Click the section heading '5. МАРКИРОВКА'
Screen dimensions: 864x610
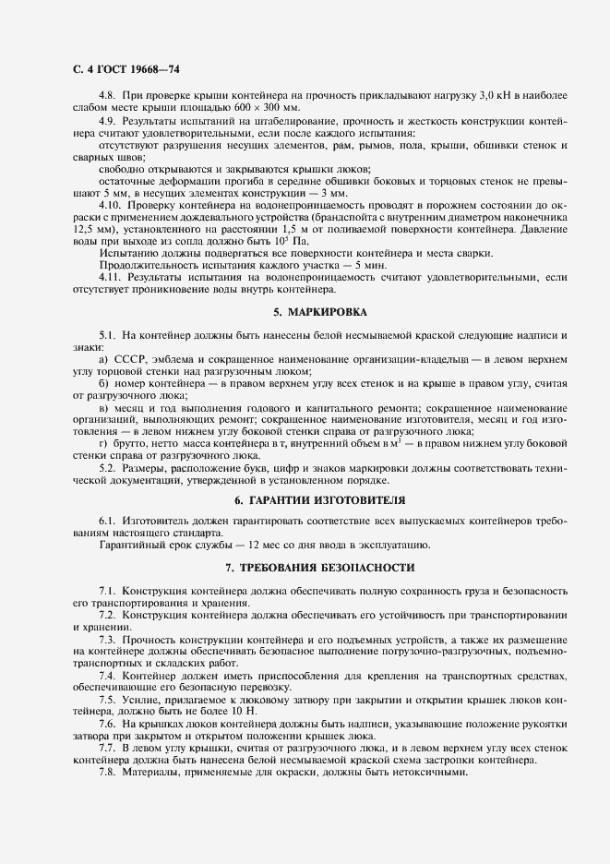[x=319, y=312]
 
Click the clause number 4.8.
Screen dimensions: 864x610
[x=106, y=96]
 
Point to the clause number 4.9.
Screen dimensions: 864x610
[x=106, y=121]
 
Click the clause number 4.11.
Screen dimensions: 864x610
[x=109, y=276]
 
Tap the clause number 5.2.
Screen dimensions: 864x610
[x=106, y=467]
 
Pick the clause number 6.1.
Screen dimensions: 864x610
[x=106, y=522]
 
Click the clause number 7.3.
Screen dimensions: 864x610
[x=106, y=639]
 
